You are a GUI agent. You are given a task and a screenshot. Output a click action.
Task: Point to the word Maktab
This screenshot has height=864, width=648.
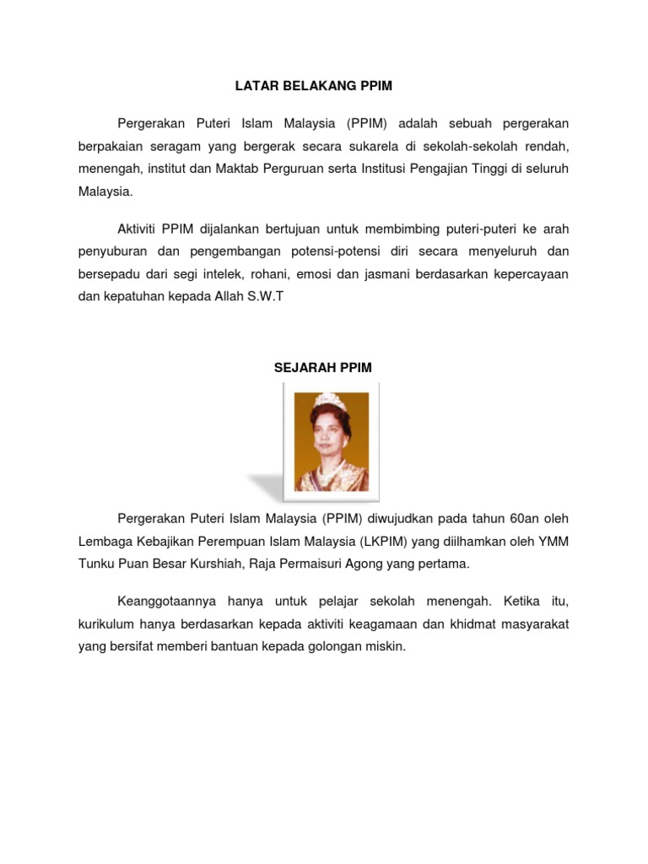240,169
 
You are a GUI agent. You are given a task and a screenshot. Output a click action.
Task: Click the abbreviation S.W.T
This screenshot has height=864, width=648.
266,295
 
